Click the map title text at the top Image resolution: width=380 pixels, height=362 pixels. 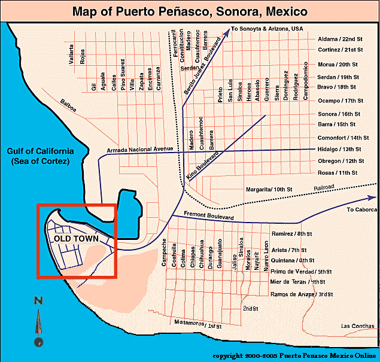pos(190,11)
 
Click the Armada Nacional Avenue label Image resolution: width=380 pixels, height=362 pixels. pos(139,149)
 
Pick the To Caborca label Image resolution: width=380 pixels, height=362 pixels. pos(361,210)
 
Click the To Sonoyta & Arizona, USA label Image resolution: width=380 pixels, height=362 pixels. pos(267,28)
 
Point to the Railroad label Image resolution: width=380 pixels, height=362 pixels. pos(323,187)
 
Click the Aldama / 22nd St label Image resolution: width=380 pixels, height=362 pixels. pos(339,39)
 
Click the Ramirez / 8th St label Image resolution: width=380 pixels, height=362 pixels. pos(293,234)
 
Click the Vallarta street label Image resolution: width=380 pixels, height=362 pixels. pos(72,55)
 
